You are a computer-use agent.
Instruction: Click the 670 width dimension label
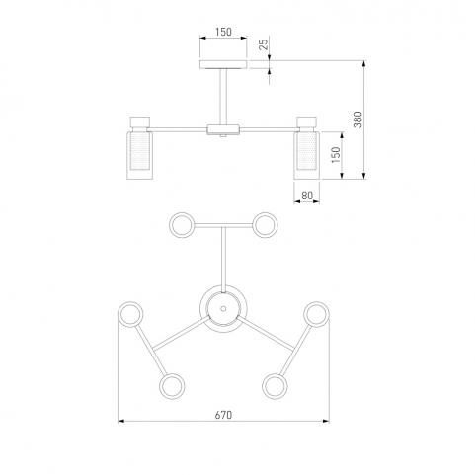pos(223,415)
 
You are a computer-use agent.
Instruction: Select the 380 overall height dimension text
pos(357,119)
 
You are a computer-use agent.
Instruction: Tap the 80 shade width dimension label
pos(307,196)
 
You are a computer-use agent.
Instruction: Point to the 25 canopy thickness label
pos(264,44)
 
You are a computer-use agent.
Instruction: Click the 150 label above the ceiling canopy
pos(223,32)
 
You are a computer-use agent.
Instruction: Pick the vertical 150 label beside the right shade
pos(336,155)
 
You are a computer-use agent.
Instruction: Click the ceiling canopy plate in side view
pos(223,64)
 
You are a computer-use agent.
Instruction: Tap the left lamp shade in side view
pos(140,155)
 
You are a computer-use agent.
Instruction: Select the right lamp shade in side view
pos(307,155)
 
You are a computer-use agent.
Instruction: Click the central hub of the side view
pos(223,129)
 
